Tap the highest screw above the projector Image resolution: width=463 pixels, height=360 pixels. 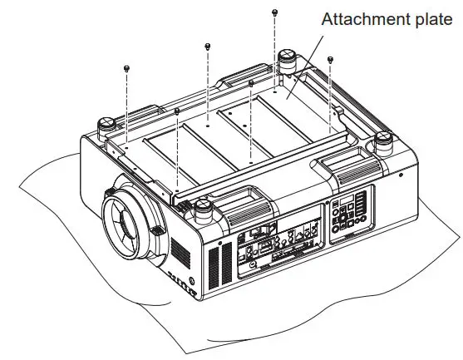(274, 12)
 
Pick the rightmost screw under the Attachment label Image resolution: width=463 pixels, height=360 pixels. (331, 59)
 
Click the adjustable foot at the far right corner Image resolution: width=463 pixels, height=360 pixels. (384, 141)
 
